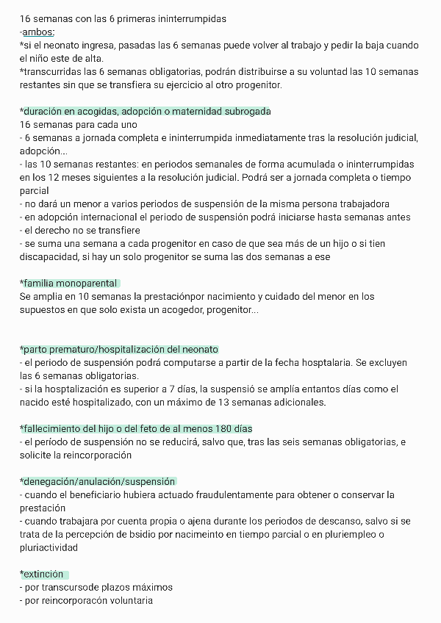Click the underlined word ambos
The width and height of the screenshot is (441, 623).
(38, 32)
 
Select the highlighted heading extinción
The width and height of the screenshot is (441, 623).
(43, 574)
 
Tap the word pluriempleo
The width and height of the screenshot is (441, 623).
(348, 534)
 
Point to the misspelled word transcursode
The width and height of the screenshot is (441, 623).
(73, 587)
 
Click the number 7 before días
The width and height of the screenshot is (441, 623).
(165, 389)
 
